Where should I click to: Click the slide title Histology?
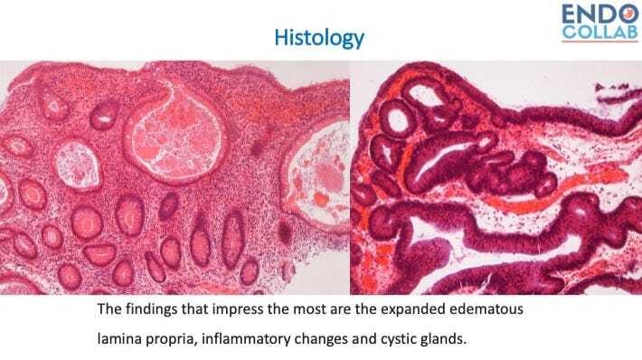pos(320,37)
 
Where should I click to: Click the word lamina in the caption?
pos(120,342)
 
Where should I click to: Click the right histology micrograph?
pos(493,181)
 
